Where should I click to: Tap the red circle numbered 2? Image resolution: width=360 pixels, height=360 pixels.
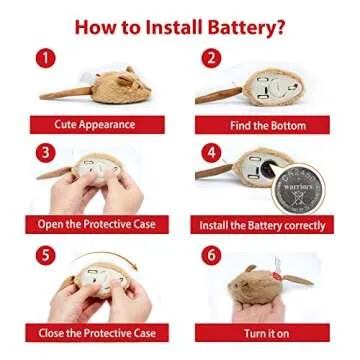[x=211, y=58]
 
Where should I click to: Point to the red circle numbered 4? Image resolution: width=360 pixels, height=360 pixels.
[x=211, y=153]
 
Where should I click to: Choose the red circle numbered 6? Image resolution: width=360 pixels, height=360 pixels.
[x=211, y=254]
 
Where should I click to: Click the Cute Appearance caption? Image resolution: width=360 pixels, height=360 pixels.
[x=95, y=125]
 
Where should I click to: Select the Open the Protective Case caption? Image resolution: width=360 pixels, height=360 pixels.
[x=96, y=224]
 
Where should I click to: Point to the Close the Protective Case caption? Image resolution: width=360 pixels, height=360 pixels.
[x=96, y=331]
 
